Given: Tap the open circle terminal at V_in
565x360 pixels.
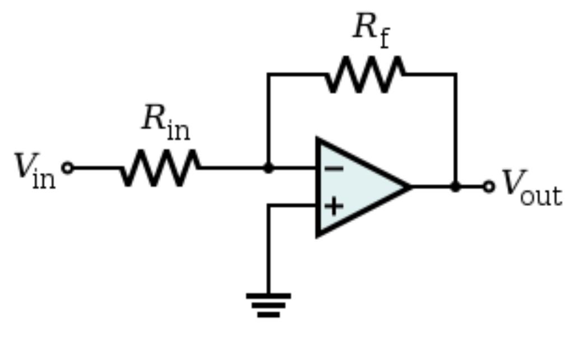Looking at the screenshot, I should pos(67,167).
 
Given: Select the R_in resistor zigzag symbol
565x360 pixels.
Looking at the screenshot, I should pos(160,167).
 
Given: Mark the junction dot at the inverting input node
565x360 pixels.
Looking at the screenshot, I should pos(268,167).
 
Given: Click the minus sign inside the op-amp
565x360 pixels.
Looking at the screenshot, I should pos(334,168).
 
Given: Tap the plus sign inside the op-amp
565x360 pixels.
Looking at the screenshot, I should pos(334,206).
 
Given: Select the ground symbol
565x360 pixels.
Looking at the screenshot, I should pos(268,305).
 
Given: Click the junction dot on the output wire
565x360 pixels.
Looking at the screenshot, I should pos(455,186).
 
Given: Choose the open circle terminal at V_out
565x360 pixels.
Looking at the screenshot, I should pos(489,186).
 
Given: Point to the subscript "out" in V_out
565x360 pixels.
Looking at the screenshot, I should pos(541,195).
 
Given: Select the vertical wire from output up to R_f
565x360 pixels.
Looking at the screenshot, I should pos(455,129).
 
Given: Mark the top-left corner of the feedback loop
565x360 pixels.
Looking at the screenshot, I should pos(268,74).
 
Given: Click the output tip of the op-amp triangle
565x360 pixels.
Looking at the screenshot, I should pos(410,186).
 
